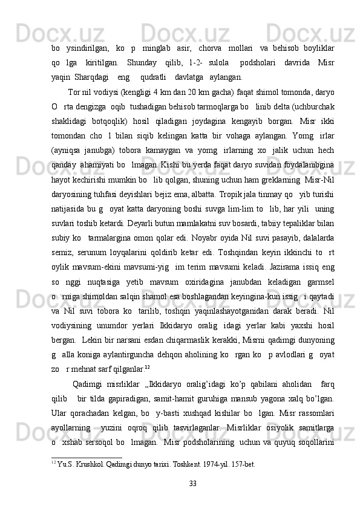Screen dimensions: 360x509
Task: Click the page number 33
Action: pyautogui.click(x=193, y=483)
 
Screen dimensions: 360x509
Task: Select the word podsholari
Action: pyautogui.click(x=258, y=63)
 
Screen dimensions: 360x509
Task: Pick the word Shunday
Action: pyautogui.click(x=141, y=63)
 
